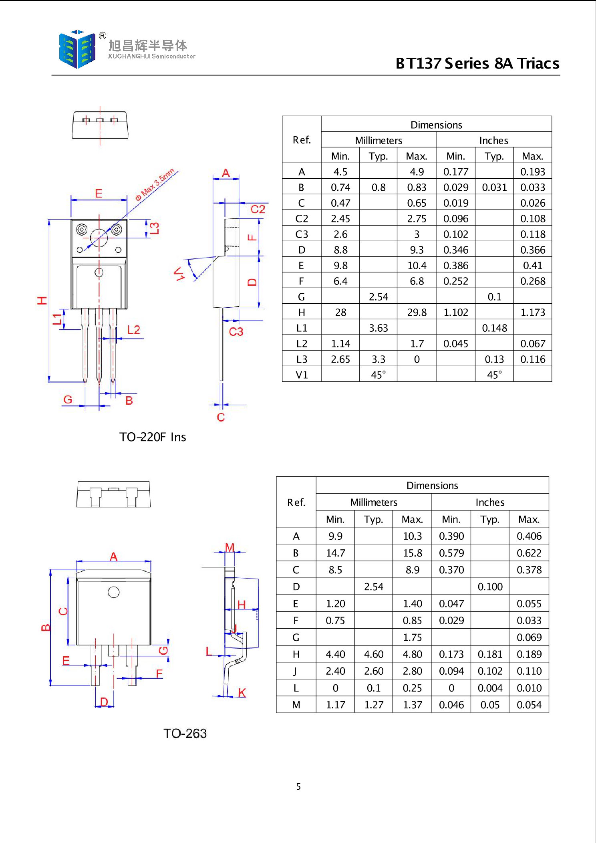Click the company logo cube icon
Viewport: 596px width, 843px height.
pos(77,49)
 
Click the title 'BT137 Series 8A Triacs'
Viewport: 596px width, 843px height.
pos(477,64)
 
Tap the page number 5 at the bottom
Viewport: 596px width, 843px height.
pos(298,787)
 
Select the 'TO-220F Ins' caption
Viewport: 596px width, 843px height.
pos(153,437)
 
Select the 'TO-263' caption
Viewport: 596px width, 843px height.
pos(185,734)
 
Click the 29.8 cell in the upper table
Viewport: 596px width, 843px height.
pos(417,313)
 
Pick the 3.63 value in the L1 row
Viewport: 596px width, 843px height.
pos(379,328)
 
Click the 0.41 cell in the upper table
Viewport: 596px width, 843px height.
pos(533,266)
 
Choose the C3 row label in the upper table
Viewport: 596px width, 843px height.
pos(302,234)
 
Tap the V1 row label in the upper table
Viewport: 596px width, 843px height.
pos(302,375)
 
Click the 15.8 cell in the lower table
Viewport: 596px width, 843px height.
pos(413,553)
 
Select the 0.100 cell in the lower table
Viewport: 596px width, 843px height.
pos(490,587)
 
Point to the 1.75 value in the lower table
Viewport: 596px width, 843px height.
pos(413,637)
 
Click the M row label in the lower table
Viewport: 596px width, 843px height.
pos(296,705)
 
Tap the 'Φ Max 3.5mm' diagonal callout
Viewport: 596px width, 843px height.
pos(155,184)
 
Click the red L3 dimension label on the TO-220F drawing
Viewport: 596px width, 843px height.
pos(155,228)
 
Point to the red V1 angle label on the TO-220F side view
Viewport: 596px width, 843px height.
pos(179,274)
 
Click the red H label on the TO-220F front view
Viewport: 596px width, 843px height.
pos(42,300)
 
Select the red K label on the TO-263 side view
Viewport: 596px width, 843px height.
pos(242,693)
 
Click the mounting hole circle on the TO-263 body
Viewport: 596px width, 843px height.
pos(114,592)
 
